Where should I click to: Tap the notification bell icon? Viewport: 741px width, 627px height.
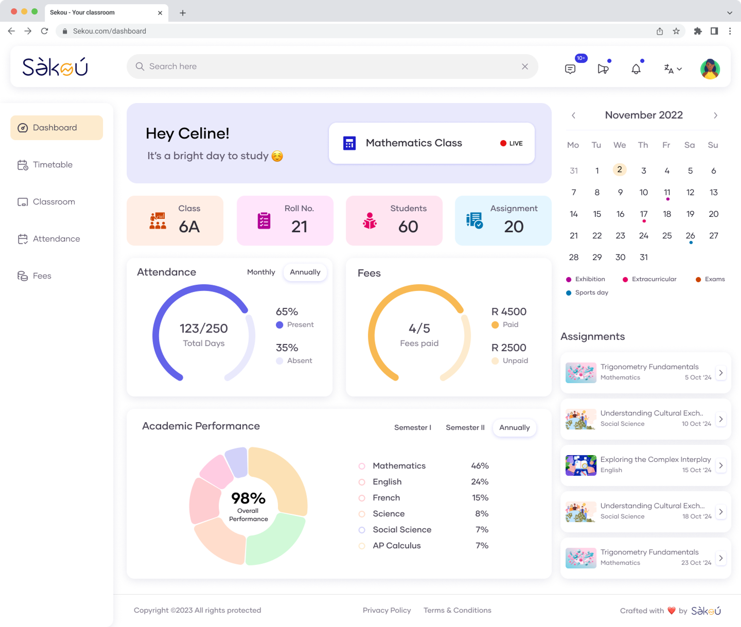(636, 69)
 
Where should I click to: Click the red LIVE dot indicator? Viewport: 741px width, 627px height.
(503, 143)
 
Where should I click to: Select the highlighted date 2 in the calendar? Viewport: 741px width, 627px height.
(619, 169)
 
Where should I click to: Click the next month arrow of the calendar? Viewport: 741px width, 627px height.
(715, 115)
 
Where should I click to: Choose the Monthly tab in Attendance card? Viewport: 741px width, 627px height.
(261, 272)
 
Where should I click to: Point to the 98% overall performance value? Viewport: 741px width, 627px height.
(248, 498)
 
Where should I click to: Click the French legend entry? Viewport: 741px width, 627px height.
(386, 498)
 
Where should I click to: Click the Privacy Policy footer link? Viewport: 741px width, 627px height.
(387, 610)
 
